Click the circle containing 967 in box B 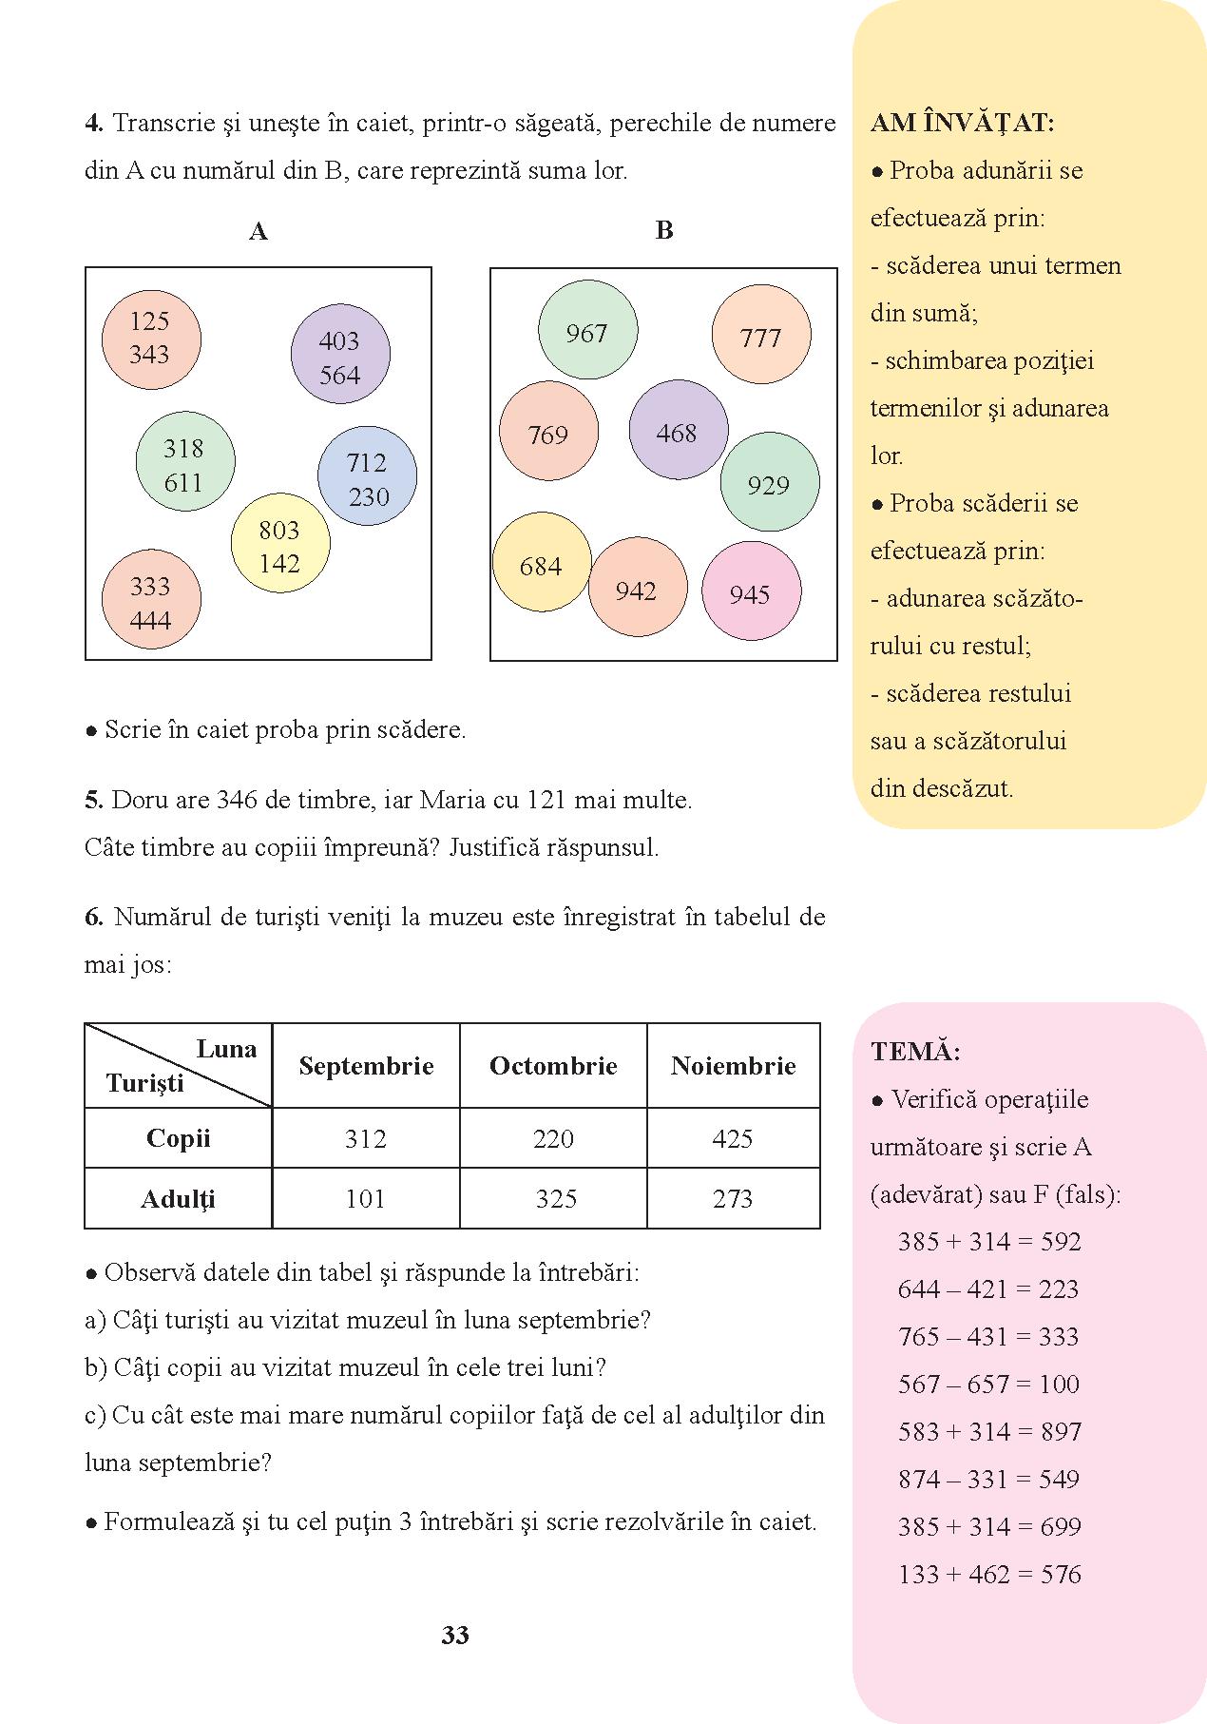(587, 330)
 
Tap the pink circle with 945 (751, 591)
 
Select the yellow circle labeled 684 (542, 562)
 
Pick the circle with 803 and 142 (280, 543)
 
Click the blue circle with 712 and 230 (367, 476)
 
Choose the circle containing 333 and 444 (151, 599)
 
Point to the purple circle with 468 (679, 430)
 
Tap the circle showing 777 (761, 335)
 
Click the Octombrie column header (553, 1066)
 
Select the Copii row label (178, 1138)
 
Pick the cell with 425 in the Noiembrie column (733, 1138)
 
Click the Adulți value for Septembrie (365, 1198)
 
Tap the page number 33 (455, 1635)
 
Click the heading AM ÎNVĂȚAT (963, 122)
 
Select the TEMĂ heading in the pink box (916, 1052)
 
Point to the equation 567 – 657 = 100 (988, 1384)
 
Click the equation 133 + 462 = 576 (989, 1574)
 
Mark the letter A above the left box (258, 231)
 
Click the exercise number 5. (93, 800)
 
